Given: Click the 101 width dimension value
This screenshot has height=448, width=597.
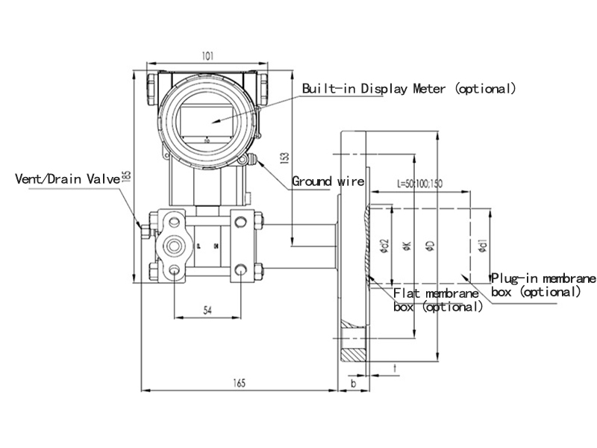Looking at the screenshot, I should tap(208, 55).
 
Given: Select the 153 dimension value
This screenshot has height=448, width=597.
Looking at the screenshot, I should tap(284, 158).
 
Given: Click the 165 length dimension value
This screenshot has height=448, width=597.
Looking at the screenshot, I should tap(239, 383).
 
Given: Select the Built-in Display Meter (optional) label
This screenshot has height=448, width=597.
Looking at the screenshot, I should tap(408, 89).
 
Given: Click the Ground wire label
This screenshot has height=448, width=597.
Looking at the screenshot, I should tap(328, 181).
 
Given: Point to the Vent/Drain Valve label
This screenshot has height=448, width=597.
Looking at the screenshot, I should tap(68, 179).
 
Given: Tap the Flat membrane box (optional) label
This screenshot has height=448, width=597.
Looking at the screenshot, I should tap(436, 299).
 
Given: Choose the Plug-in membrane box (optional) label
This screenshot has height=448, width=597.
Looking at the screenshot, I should tap(543, 285).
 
